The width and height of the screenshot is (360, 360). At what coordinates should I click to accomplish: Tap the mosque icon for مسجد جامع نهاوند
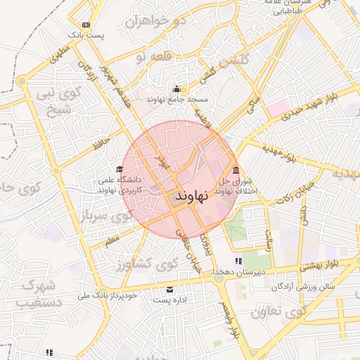[176, 89]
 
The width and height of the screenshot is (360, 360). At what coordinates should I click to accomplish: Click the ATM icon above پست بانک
[86, 24]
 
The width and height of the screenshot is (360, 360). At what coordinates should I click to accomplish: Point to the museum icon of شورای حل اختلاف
[235, 171]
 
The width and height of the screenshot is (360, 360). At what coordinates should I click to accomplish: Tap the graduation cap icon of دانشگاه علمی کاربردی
[120, 169]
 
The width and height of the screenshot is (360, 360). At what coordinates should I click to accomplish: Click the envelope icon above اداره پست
[169, 290]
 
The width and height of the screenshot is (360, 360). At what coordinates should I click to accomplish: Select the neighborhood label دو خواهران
[155, 22]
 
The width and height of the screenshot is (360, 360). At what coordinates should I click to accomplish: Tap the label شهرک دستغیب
[40, 294]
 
